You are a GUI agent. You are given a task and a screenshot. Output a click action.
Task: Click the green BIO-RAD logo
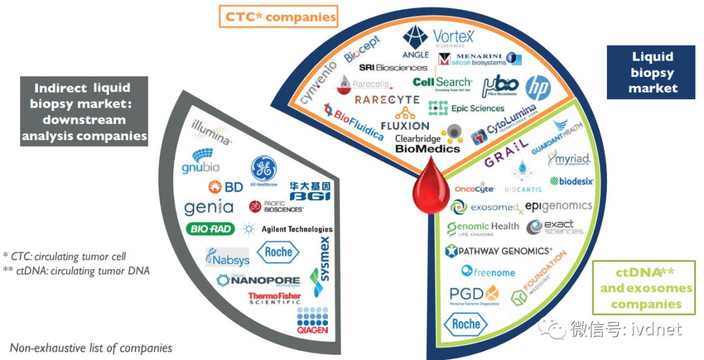click(x=210, y=229)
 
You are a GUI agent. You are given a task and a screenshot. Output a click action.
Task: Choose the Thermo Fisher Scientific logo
click(x=274, y=299)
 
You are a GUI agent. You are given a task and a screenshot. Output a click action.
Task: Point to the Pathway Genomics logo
click(x=499, y=251)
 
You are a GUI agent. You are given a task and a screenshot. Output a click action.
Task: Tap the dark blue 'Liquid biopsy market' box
click(x=653, y=72)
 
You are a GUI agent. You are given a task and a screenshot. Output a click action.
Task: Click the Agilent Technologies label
click(x=287, y=229)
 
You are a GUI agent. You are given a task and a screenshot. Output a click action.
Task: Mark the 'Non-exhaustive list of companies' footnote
click(x=91, y=348)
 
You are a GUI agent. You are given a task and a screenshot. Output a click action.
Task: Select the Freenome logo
click(x=488, y=271)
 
